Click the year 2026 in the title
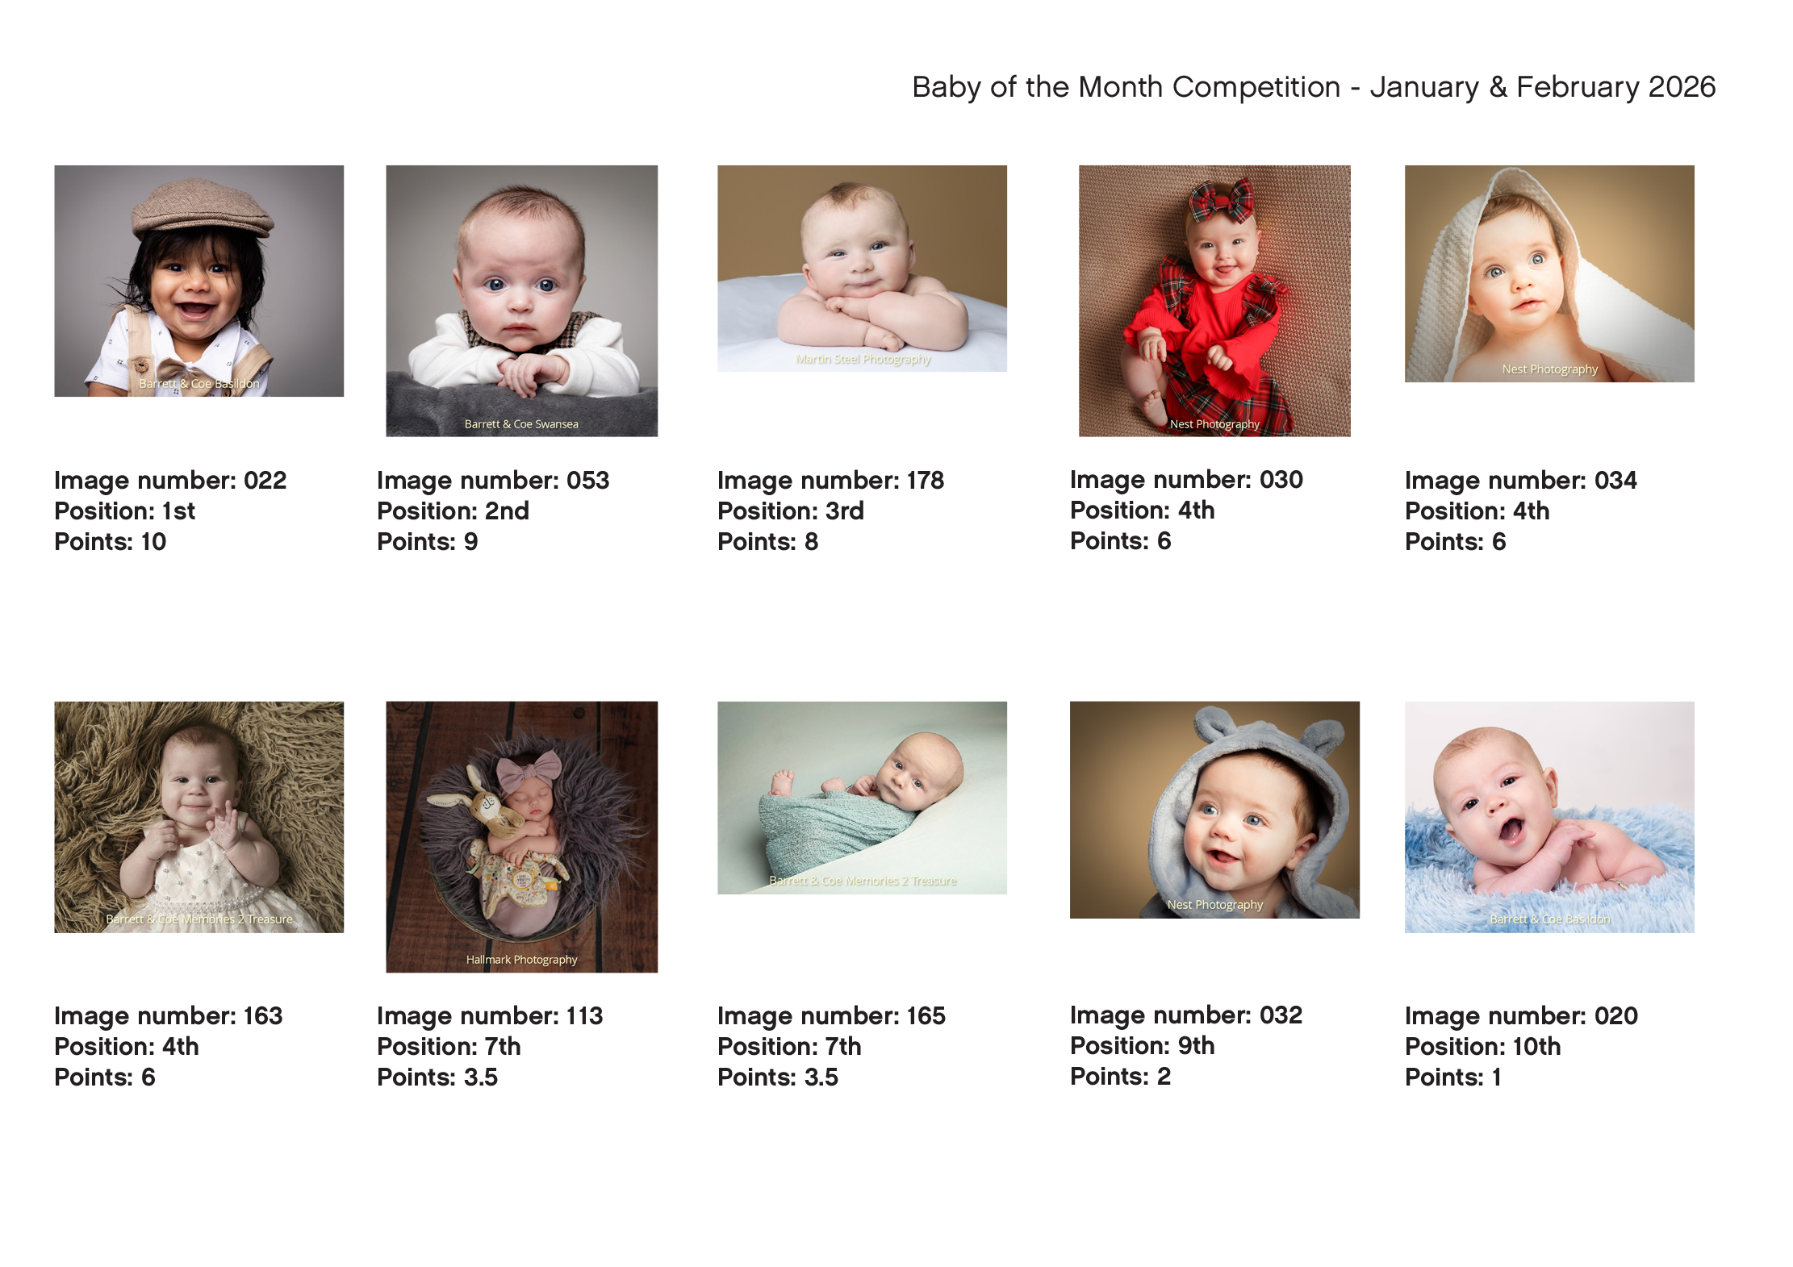coord(1682,87)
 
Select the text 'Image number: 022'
coord(170,481)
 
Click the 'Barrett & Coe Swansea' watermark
coord(521,424)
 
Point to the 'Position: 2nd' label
coord(453,511)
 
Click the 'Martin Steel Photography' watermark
coord(863,360)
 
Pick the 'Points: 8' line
coord(767,542)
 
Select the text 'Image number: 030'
coord(1186,480)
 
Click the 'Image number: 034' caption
coord(1521,481)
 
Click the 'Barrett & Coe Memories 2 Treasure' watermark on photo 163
coord(199,919)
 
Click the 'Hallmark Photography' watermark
coord(521,960)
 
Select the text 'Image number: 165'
coord(831,1016)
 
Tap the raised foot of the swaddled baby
coord(780,781)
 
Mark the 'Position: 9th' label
coord(1142,1046)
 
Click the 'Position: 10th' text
coord(1482,1047)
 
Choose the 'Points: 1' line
coord(1452,1077)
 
